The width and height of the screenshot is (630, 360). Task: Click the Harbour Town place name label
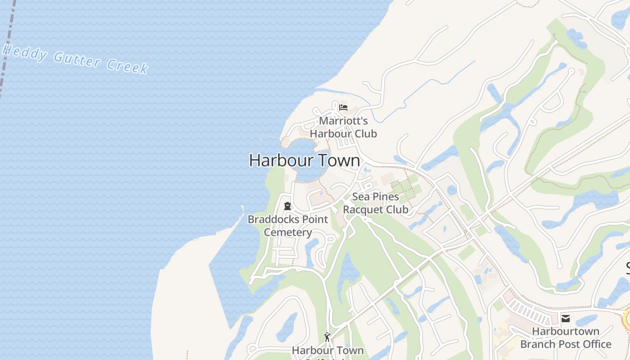coord(305,161)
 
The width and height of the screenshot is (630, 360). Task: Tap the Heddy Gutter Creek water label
coord(75,59)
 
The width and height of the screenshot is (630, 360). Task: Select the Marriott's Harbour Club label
coord(343,127)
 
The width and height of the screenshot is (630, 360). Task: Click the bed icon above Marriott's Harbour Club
coord(343,107)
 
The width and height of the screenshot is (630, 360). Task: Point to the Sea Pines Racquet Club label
coord(376,203)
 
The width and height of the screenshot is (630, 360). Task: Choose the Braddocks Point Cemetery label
coord(288,226)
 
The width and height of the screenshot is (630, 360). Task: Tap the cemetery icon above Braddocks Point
coord(288,206)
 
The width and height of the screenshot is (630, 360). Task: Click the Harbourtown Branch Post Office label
coord(566,338)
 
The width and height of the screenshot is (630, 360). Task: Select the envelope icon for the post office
coord(566,319)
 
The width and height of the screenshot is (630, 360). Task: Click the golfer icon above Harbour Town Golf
coord(327,337)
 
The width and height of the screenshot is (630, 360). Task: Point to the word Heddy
coord(25,53)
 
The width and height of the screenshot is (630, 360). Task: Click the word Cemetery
coord(288,233)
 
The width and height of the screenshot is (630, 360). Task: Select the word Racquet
coord(363,210)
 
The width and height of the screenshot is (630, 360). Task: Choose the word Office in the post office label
coord(594,344)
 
